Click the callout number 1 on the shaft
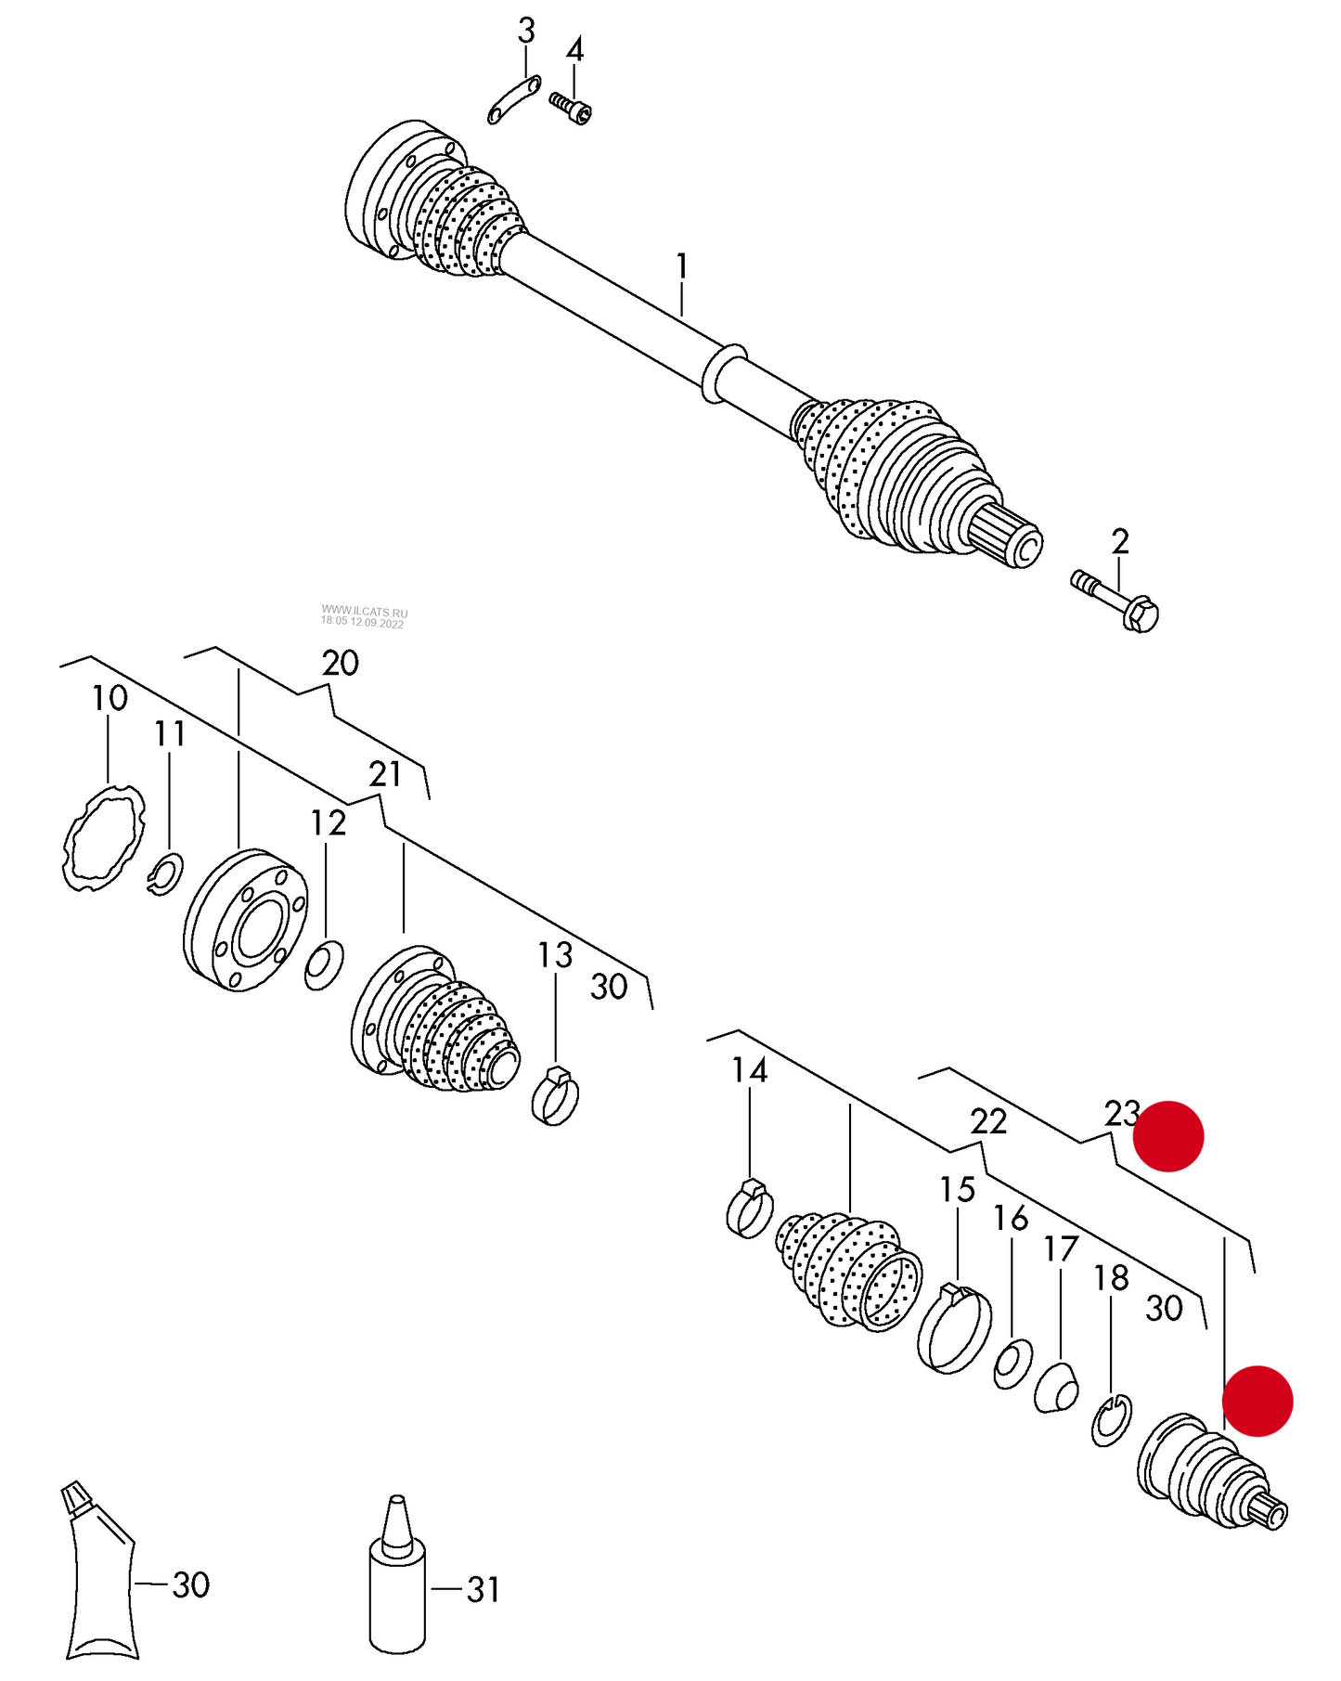[x=682, y=266]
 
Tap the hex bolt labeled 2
[x=1116, y=601]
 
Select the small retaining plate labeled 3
[x=513, y=100]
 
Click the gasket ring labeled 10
[x=104, y=838]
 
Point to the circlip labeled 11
[x=166, y=873]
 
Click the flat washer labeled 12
[x=324, y=964]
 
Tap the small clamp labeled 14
[x=749, y=1209]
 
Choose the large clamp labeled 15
[x=954, y=1327]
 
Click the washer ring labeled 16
[x=1012, y=1364]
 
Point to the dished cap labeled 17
[x=1057, y=1388]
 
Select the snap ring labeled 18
[x=1111, y=1420]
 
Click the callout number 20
[x=340, y=663]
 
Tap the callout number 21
[x=385, y=773]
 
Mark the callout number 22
[x=988, y=1121]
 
